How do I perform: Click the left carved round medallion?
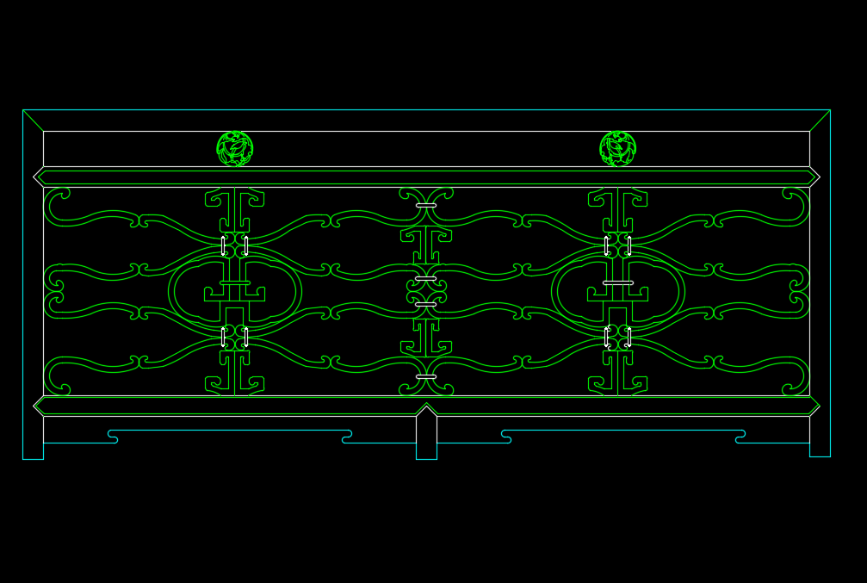pyautogui.click(x=234, y=149)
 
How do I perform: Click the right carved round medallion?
pyautogui.click(x=617, y=149)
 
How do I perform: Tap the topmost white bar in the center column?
pyautogui.click(x=426, y=205)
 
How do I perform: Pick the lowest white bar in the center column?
pyautogui.click(x=426, y=376)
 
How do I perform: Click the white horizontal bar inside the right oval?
pyautogui.click(x=617, y=282)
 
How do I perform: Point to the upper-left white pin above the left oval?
pyautogui.click(x=223, y=246)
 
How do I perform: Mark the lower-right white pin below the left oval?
pyautogui.click(x=246, y=337)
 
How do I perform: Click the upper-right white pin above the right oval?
pyautogui.click(x=629, y=246)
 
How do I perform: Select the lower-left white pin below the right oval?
pyautogui.click(x=606, y=337)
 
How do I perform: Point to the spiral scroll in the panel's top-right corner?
pyautogui.click(x=796, y=205)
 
